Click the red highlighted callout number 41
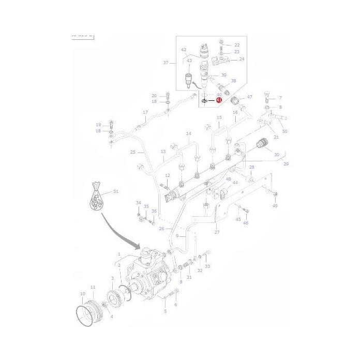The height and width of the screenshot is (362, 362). [219, 100]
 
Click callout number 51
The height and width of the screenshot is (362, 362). [115, 191]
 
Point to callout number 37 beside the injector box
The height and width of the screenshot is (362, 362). [166, 63]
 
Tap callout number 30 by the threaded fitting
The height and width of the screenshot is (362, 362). [276, 155]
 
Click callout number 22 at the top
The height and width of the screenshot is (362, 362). [237, 45]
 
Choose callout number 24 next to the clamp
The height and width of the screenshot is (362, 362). [241, 59]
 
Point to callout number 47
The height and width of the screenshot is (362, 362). [249, 97]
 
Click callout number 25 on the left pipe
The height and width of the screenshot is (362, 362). [133, 152]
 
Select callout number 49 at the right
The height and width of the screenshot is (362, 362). [275, 206]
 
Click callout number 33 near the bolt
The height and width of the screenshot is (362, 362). [207, 266]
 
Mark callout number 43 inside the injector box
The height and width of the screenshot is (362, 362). [189, 61]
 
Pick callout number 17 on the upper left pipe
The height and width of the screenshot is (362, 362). [145, 112]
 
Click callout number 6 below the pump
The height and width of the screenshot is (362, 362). [175, 305]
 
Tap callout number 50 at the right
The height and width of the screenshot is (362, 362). [284, 131]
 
